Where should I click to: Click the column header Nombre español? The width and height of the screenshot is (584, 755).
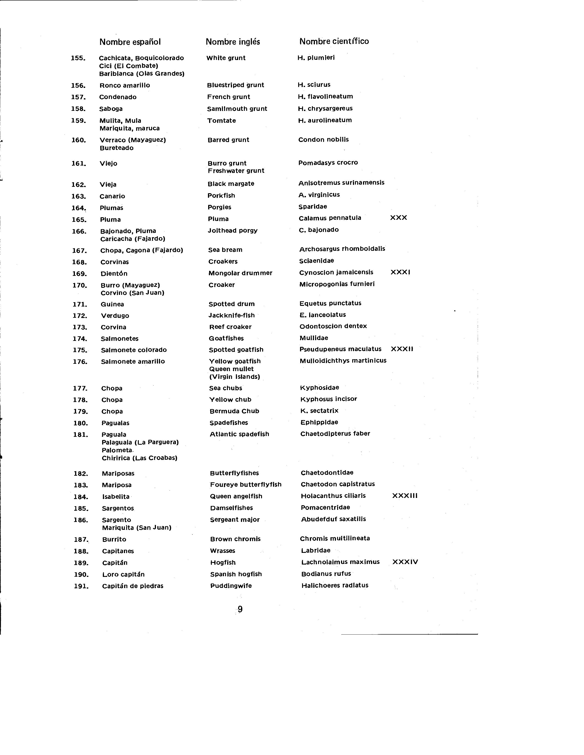130,42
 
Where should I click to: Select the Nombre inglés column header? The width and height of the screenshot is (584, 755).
233,42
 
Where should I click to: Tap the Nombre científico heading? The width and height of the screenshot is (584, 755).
334,41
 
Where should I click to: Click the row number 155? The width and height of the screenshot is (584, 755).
78,58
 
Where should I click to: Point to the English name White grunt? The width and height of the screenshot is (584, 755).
226,58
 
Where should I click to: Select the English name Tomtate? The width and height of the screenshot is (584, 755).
222,121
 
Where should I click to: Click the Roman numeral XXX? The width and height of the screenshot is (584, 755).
398,218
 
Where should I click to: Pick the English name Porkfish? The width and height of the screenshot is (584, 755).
221,196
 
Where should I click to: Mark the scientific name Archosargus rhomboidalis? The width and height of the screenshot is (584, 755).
342,249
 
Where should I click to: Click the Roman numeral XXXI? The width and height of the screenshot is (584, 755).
400,272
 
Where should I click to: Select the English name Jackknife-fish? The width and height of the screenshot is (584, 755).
232,315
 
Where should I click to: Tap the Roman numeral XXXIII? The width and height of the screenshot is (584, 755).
404,496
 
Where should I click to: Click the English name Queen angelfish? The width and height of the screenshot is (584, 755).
236,496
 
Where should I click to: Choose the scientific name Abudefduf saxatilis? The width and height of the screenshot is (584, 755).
333,519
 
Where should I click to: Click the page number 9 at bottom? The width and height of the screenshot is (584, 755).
240,609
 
